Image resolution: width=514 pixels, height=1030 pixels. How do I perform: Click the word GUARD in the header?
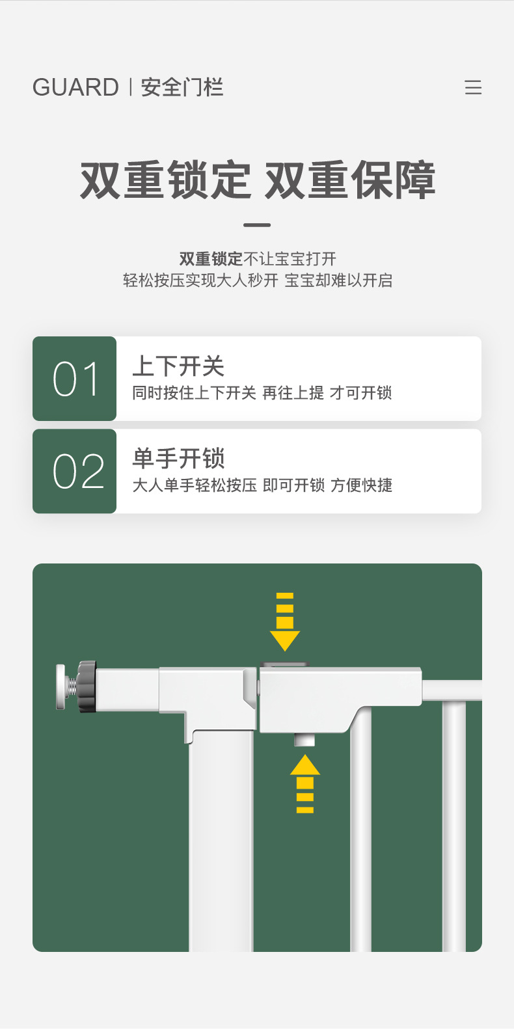[75, 87]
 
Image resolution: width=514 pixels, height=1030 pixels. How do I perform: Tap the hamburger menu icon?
[473, 88]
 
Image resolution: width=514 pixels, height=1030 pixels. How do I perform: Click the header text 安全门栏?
[182, 87]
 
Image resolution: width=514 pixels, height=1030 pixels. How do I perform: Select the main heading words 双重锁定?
[165, 180]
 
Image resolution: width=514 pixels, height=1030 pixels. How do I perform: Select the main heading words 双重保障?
[350, 180]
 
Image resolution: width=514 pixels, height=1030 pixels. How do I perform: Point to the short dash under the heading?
[257, 225]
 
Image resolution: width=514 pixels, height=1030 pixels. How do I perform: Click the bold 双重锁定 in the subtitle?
[210, 259]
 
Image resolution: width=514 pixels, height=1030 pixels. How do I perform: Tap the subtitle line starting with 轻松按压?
[258, 280]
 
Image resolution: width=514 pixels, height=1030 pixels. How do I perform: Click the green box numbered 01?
[75, 379]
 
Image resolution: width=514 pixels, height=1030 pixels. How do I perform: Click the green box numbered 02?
[75, 471]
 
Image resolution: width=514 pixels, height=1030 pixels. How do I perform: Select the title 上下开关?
[178, 366]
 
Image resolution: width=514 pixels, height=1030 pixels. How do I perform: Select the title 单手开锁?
[178, 459]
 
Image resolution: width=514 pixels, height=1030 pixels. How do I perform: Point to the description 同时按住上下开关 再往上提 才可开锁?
[262, 393]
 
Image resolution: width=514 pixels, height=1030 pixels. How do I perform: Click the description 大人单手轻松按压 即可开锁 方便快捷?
[262, 485]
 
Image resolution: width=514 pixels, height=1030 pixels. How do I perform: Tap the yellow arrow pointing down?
[285, 621]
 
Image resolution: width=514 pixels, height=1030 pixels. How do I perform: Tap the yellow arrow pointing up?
[304, 783]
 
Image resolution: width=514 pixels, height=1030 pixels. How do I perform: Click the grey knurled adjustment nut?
[86, 686]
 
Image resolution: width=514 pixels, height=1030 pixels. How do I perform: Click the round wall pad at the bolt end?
[61, 686]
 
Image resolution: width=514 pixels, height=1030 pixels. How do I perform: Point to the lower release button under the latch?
[304, 740]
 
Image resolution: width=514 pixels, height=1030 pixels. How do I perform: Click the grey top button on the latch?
[284, 665]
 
